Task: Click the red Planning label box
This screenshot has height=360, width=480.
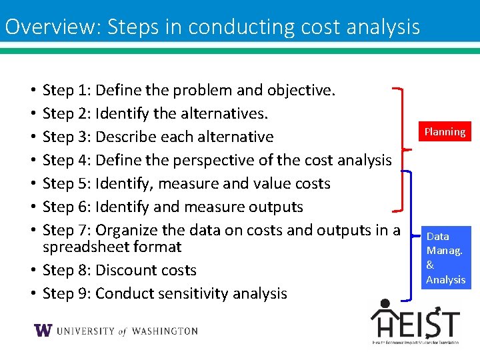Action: (445, 131)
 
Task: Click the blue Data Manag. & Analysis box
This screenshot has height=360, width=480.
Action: (446, 258)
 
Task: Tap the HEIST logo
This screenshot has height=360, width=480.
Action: (415, 322)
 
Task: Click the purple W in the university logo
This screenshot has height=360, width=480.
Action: (43, 331)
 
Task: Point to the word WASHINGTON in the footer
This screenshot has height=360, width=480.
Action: (165, 331)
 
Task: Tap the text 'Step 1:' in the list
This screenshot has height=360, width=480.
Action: (67, 90)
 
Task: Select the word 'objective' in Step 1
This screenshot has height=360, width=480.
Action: (299, 90)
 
